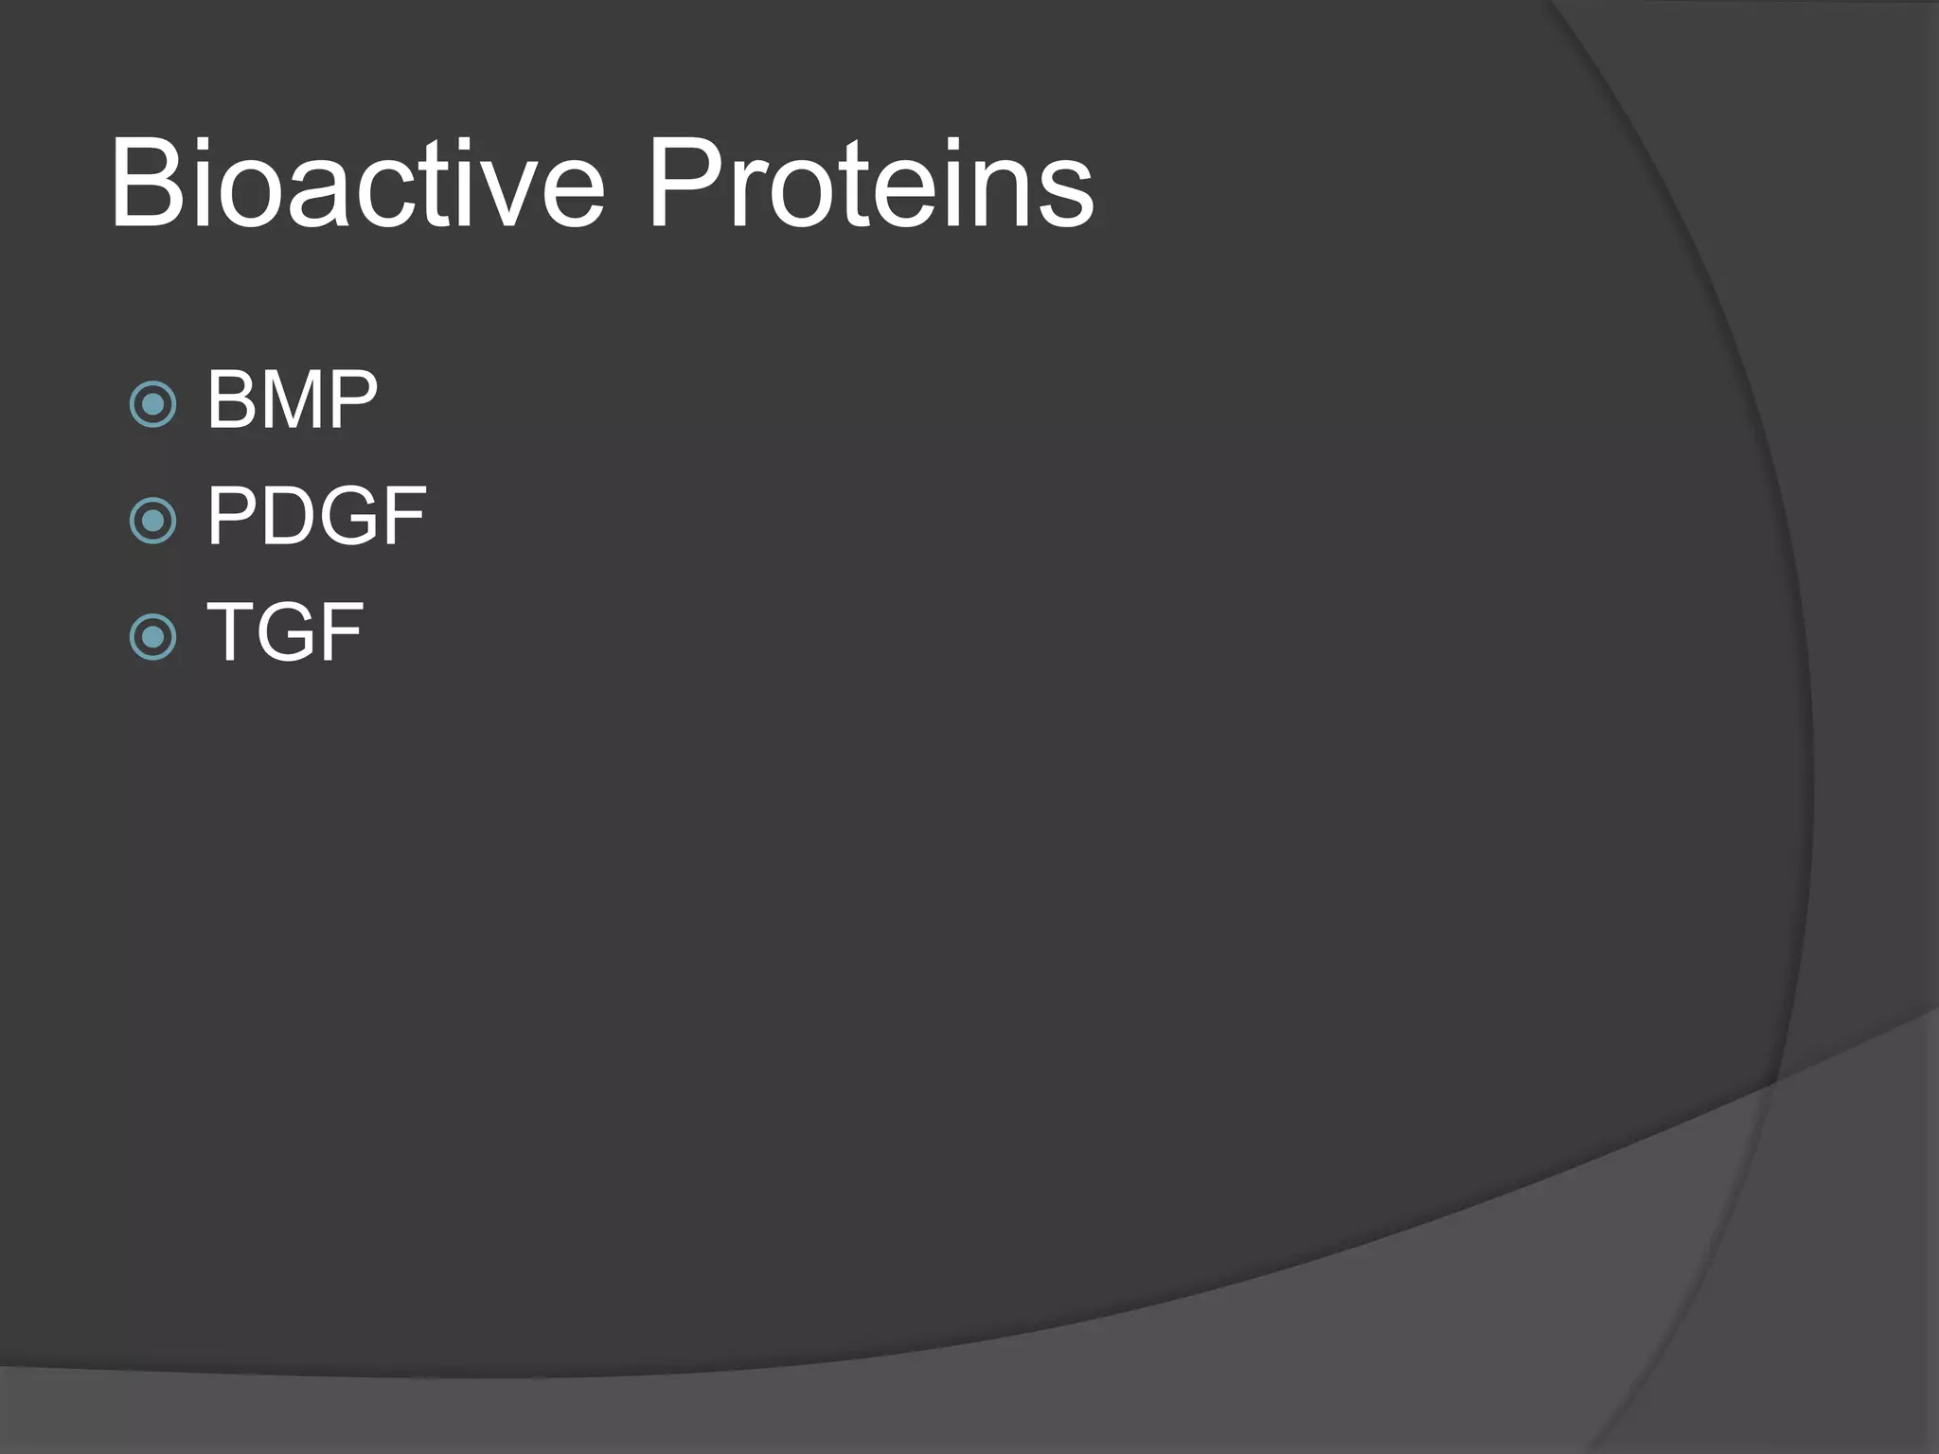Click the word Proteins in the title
[870, 185]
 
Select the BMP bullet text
[293, 401]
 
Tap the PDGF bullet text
[316, 517]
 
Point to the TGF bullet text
[285, 632]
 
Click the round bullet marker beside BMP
[152, 404]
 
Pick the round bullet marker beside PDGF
[152, 520]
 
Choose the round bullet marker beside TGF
[152, 636]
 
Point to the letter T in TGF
[232, 632]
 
